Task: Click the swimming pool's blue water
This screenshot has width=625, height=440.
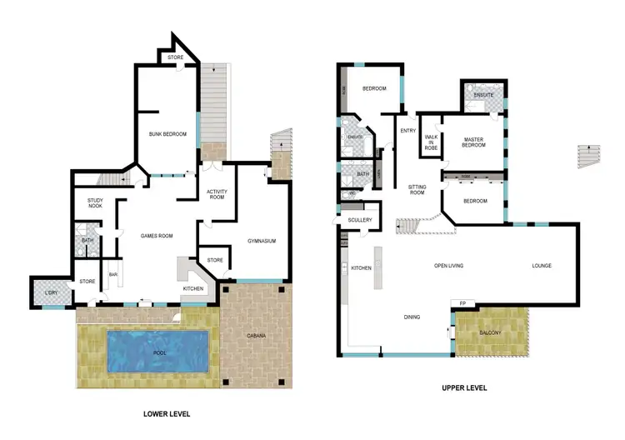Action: pyautogui.click(x=157, y=350)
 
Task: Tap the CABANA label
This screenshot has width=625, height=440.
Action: pyautogui.click(x=256, y=336)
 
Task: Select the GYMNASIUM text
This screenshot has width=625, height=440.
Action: pyautogui.click(x=261, y=242)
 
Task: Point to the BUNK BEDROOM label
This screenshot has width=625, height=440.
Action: pyautogui.click(x=167, y=134)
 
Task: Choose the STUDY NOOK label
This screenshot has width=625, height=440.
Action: pyautogui.click(x=89, y=202)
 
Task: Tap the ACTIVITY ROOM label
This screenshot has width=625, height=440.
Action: pyautogui.click(x=217, y=195)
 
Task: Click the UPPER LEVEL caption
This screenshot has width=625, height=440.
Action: pyautogui.click(x=464, y=388)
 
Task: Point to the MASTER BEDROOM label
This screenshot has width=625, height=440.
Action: pyautogui.click(x=473, y=142)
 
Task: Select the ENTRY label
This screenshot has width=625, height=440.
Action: pyautogui.click(x=407, y=131)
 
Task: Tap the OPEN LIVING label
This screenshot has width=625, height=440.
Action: pyautogui.click(x=448, y=266)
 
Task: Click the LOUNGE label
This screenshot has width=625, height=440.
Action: pyautogui.click(x=542, y=266)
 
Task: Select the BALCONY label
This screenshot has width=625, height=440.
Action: pyautogui.click(x=492, y=332)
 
